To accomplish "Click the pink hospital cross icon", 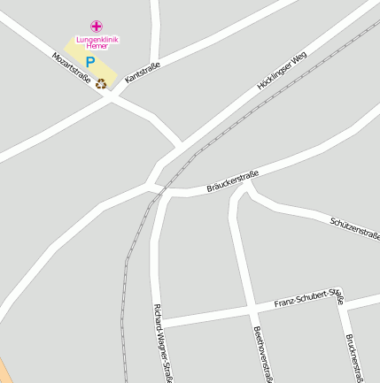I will [97, 27].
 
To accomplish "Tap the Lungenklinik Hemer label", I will [97, 42].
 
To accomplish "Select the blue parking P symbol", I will [89, 63].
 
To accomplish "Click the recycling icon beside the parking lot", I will [101, 84].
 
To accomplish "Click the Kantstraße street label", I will [142, 73].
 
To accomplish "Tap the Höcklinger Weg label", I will [282, 71].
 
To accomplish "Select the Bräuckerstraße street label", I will [232, 180].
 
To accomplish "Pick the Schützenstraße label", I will [354, 229].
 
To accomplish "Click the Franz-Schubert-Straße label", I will [308, 298].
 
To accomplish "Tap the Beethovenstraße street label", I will [260, 354].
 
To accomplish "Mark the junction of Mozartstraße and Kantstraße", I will [112, 94].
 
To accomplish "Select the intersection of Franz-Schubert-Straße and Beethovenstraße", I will [251, 310].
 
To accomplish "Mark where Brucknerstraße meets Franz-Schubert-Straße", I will [342, 298].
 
